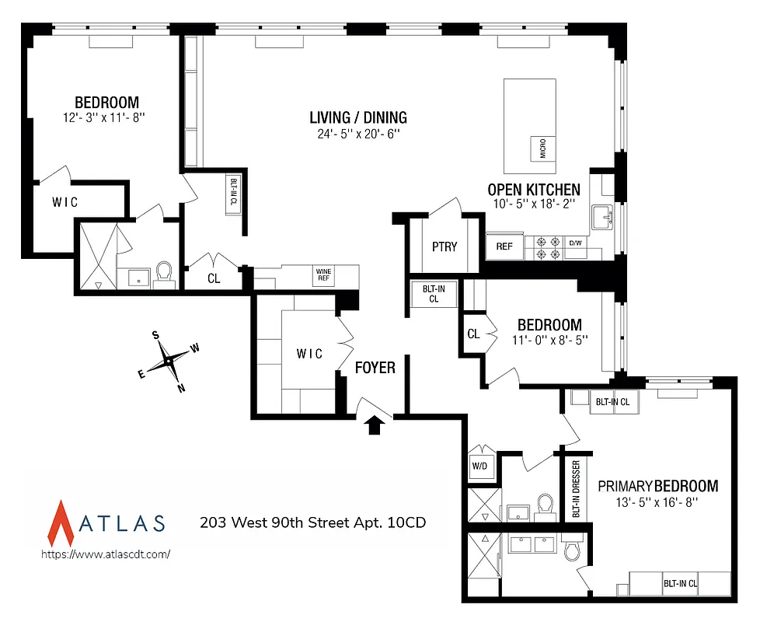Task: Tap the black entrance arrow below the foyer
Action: (375, 424)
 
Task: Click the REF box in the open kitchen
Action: (504, 246)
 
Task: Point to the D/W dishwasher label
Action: (576, 243)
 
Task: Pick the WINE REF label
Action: (323, 276)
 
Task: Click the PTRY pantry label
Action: (444, 246)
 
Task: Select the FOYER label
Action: (375, 368)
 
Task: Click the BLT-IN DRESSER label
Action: (576, 489)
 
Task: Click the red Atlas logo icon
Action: (61, 522)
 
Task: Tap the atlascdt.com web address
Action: (105, 554)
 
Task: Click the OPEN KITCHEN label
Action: (533, 189)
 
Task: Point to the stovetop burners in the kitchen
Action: (547, 247)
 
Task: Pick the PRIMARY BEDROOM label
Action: (657, 486)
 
